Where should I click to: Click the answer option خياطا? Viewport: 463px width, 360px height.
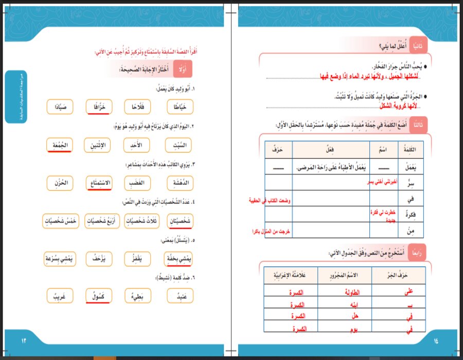(181, 106)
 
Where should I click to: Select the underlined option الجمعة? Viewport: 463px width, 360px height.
(60, 146)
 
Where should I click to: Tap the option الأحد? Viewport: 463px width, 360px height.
(137, 146)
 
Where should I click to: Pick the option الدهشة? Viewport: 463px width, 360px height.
(180, 183)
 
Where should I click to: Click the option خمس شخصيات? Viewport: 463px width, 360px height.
(60, 221)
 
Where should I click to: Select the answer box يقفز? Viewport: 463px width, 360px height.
(137, 260)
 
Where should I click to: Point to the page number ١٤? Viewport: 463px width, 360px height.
(437, 341)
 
